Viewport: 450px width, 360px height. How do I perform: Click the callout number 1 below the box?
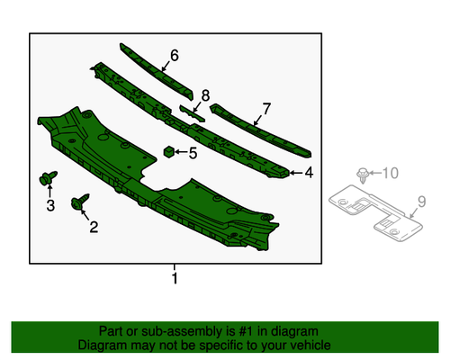(x=175, y=278)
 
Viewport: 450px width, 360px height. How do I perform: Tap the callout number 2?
(x=94, y=227)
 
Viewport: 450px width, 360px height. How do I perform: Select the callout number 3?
(x=50, y=205)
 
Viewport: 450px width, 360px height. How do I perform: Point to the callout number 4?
(x=309, y=173)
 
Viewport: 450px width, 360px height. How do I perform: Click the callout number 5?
(x=193, y=153)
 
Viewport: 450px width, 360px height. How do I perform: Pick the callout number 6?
(x=175, y=56)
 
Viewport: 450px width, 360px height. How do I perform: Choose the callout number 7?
(x=266, y=109)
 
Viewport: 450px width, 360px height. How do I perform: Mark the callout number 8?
(x=205, y=95)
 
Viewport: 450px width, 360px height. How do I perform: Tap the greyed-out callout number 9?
(x=421, y=202)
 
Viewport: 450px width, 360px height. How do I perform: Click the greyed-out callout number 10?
(x=391, y=173)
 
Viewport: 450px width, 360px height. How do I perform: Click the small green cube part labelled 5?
(x=169, y=152)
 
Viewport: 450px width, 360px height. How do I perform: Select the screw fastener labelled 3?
(x=48, y=177)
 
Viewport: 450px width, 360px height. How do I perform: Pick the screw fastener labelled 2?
(x=80, y=202)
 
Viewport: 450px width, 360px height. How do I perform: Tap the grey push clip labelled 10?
(x=363, y=175)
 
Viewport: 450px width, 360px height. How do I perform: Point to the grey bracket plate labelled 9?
(x=375, y=212)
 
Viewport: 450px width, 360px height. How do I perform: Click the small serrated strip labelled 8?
(x=192, y=113)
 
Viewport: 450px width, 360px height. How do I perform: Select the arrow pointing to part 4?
(x=295, y=173)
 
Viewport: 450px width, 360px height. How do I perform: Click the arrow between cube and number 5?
(x=181, y=152)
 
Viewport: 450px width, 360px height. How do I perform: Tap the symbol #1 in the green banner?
(x=246, y=331)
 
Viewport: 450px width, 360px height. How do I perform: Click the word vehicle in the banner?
(x=311, y=346)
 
